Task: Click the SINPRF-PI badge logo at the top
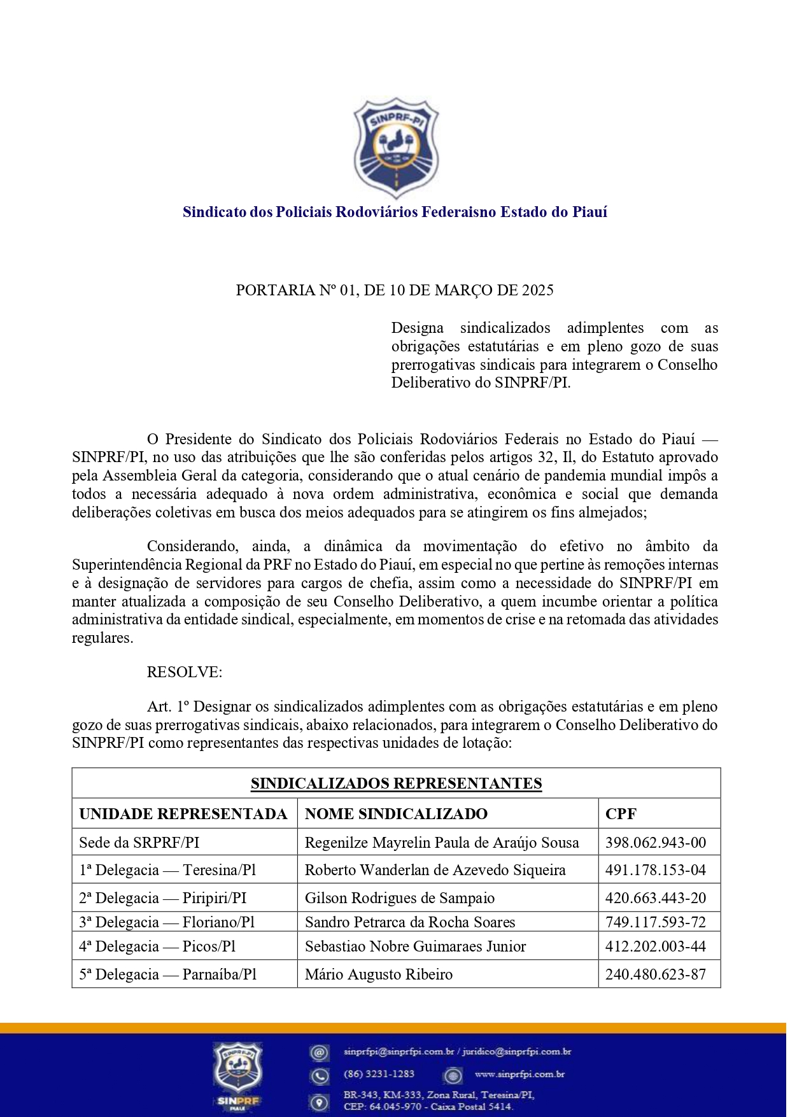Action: pos(396,148)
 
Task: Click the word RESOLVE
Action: pos(184,672)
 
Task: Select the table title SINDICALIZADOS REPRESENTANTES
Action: pos(396,783)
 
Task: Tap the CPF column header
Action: pos(621,814)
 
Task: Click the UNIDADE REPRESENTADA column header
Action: pos(183,814)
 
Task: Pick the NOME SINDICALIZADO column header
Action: pos(396,814)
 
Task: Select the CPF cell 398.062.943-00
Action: pos(656,843)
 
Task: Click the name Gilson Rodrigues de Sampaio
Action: pos(400,898)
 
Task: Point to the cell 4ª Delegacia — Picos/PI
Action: pos(157,946)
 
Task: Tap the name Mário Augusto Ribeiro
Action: pos(379,974)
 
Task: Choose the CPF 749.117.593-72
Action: pos(656,922)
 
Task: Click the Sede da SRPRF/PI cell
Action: pos(139,843)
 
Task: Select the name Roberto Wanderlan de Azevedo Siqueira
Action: pos(435,870)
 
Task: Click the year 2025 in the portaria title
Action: pos(538,290)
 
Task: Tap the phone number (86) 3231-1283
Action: pos(379,1074)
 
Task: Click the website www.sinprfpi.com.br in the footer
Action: pos(520,1074)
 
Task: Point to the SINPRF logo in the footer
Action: pos(239,1076)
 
